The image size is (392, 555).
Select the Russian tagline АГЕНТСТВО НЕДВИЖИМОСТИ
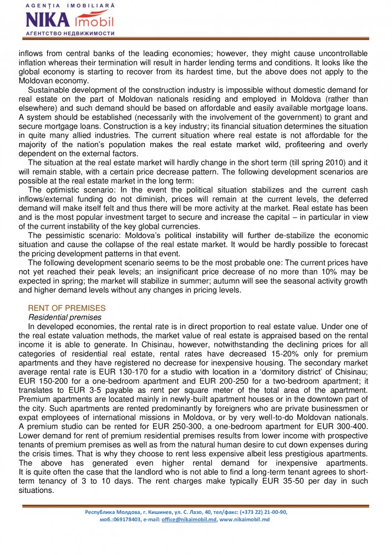coord(70,33)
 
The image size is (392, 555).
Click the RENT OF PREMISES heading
coord(67,308)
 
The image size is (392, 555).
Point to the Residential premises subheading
coord(64,317)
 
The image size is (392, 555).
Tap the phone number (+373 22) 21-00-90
coord(263,512)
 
